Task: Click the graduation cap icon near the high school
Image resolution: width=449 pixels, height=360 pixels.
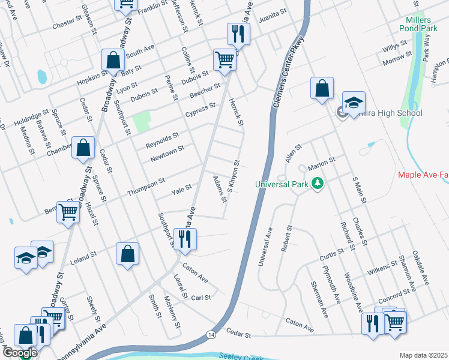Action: coord(354,103)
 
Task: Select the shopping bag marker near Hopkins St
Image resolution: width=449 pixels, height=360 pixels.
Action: coord(113,60)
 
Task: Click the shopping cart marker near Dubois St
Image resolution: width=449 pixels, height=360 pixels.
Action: coord(224,60)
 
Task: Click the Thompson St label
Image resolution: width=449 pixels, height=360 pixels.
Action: coord(146,187)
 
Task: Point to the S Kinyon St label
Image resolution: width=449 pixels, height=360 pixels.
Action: coord(233,176)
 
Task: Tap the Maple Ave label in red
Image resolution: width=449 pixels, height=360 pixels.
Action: coord(423,175)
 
